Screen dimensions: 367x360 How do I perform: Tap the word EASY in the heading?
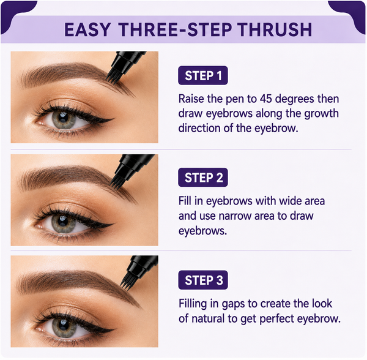pyautogui.click(x=87, y=29)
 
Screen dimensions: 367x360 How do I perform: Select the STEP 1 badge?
pyautogui.click(x=203, y=75)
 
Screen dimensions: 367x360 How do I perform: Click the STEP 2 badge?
pyautogui.click(x=203, y=178)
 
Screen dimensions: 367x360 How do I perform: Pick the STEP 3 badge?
pyautogui.click(x=203, y=280)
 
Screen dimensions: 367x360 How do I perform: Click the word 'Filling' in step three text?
pyautogui.click(x=193, y=304)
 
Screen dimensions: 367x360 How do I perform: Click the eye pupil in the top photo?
pyautogui.click(x=63, y=118)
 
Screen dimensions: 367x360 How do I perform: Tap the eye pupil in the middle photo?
pyautogui.click(x=63, y=222)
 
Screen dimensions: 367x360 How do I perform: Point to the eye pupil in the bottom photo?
pyautogui.click(x=63, y=324)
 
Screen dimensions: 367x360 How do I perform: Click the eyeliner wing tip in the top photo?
pyautogui.click(x=114, y=119)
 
